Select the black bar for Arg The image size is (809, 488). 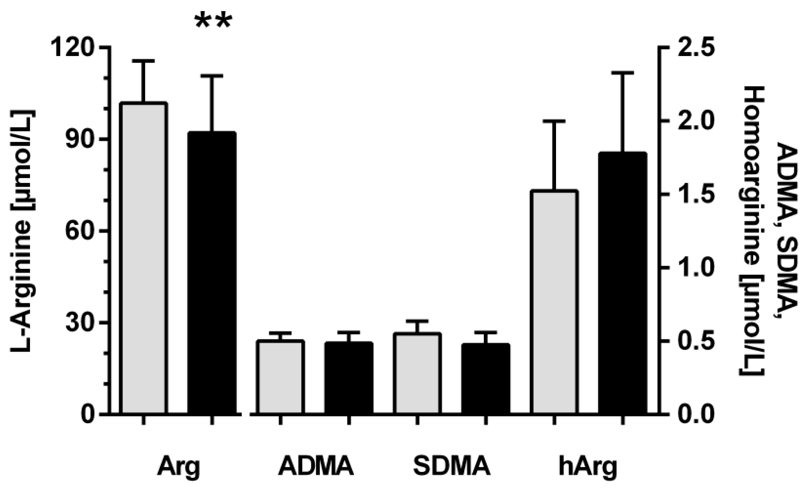pos(212,273)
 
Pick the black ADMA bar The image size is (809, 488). pos(349,378)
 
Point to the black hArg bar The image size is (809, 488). pos(622,282)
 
